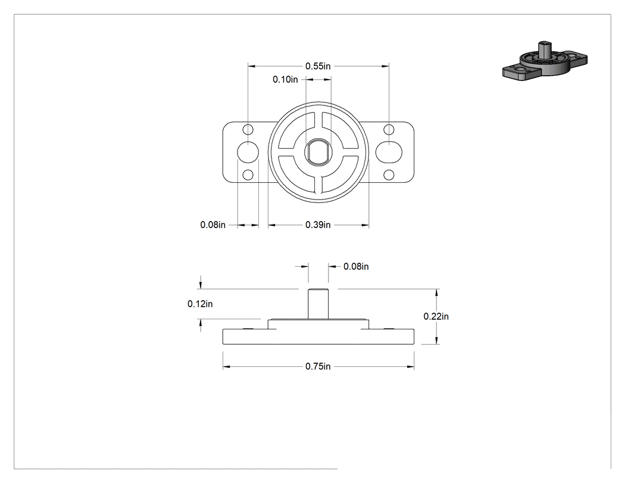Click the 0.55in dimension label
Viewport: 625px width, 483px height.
pos(318,66)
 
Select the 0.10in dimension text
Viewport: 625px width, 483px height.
pos(285,79)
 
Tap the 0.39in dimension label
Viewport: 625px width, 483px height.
pos(318,225)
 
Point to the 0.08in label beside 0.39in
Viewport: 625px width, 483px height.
pos(213,225)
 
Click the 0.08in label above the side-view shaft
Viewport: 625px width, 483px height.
pos(356,266)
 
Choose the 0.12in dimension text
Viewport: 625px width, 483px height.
pos(200,304)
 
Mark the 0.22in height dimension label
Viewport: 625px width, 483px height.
pos(436,316)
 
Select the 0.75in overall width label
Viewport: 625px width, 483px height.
pos(318,366)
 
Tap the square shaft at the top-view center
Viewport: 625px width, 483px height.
pos(318,152)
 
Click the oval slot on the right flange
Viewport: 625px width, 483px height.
pos(389,152)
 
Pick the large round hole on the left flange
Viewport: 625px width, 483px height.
pos(248,152)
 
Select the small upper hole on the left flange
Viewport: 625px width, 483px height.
pos(248,130)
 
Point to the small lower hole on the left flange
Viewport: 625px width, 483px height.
pos(248,174)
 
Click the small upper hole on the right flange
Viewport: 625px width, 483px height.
pos(389,130)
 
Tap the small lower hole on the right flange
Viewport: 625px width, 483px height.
pos(389,174)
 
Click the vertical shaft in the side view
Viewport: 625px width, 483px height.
pos(318,304)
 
